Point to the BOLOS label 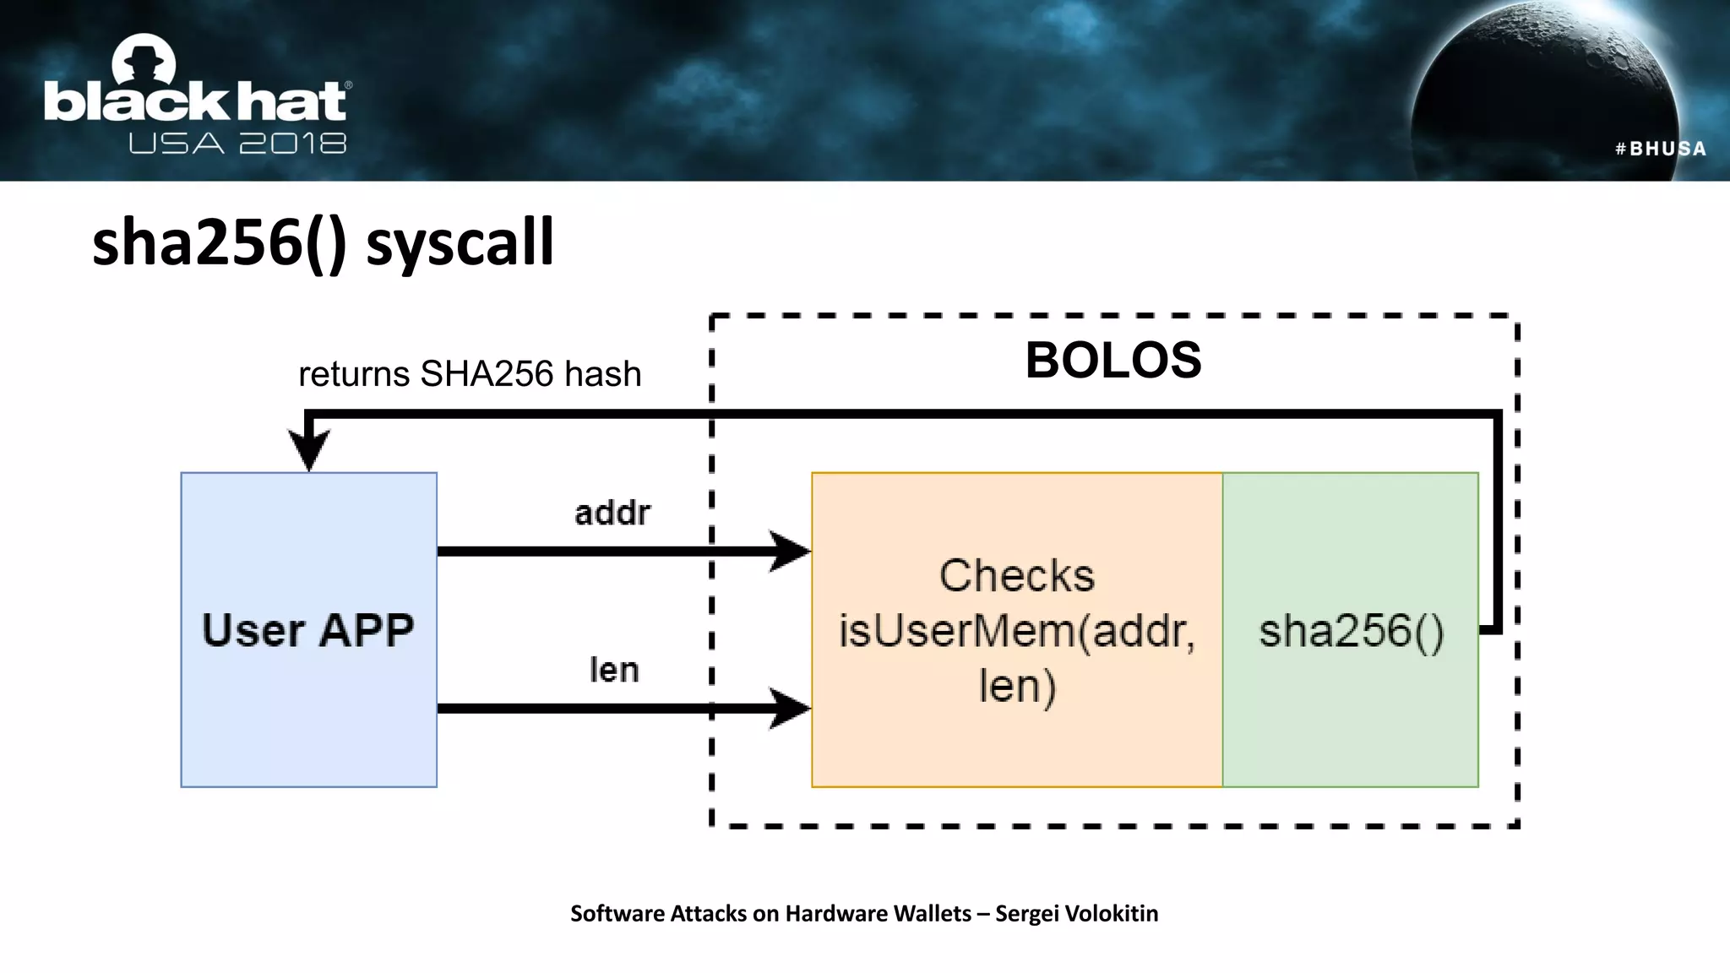(x=1113, y=361)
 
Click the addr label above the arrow (x=612, y=513)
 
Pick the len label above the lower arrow (x=614, y=670)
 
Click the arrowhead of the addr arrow (x=790, y=552)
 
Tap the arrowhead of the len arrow (x=790, y=708)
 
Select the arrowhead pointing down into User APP (x=309, y=449)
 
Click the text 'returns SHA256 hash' (x=470, y=374)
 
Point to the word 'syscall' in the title (x=460, y=243)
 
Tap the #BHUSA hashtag (x=1660, y=149)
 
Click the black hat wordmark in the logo (x=196, y=102)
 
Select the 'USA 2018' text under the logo (x=237, y=144)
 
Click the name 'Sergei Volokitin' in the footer (x=1076, y=913)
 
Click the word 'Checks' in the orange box (x=1016, y=576)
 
